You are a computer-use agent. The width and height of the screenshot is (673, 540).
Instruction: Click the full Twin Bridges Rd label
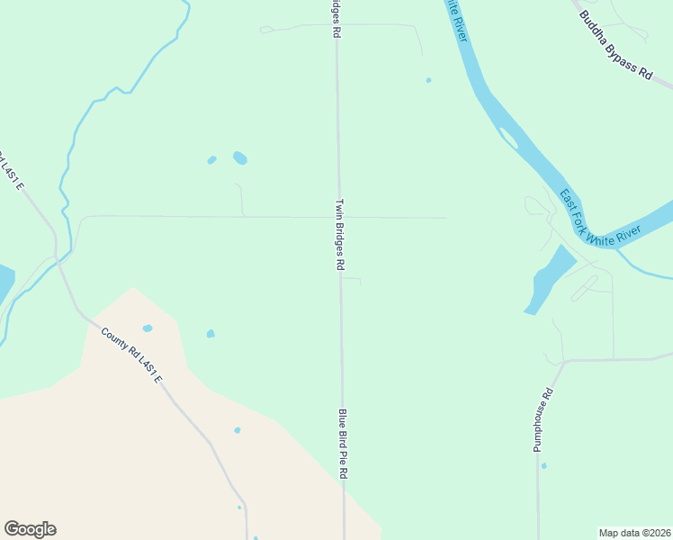coord(340,235)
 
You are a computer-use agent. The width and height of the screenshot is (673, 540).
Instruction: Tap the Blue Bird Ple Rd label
coord(343,444)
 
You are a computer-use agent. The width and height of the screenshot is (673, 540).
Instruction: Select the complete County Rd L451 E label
coord(131,355)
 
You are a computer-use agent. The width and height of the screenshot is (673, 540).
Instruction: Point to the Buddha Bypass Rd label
coord(615,45)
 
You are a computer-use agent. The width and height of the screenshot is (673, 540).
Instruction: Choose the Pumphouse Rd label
coord(543,419)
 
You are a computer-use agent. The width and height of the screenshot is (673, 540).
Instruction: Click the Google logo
coord(30,529)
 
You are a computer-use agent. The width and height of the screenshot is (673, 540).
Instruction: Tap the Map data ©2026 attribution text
coord(634,533)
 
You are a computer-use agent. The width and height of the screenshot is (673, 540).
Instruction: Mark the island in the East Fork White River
coord(508,138)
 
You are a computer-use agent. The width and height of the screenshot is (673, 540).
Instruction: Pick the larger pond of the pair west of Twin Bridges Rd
coord(240,158)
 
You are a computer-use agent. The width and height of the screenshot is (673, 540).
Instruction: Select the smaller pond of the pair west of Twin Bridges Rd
coord(211,160)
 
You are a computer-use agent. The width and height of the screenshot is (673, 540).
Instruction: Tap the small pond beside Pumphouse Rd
coord(543,465)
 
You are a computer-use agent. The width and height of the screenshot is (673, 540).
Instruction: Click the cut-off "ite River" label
coord(456,18)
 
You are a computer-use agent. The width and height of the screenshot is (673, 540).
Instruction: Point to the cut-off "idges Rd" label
coord(335,18)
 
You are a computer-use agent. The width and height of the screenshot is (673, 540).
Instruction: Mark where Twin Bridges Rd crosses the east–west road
coord(339,217)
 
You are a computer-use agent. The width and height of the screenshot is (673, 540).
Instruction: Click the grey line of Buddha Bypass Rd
coord(661,83)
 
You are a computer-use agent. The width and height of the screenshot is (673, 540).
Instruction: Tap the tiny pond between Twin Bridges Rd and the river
coord(428,80)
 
